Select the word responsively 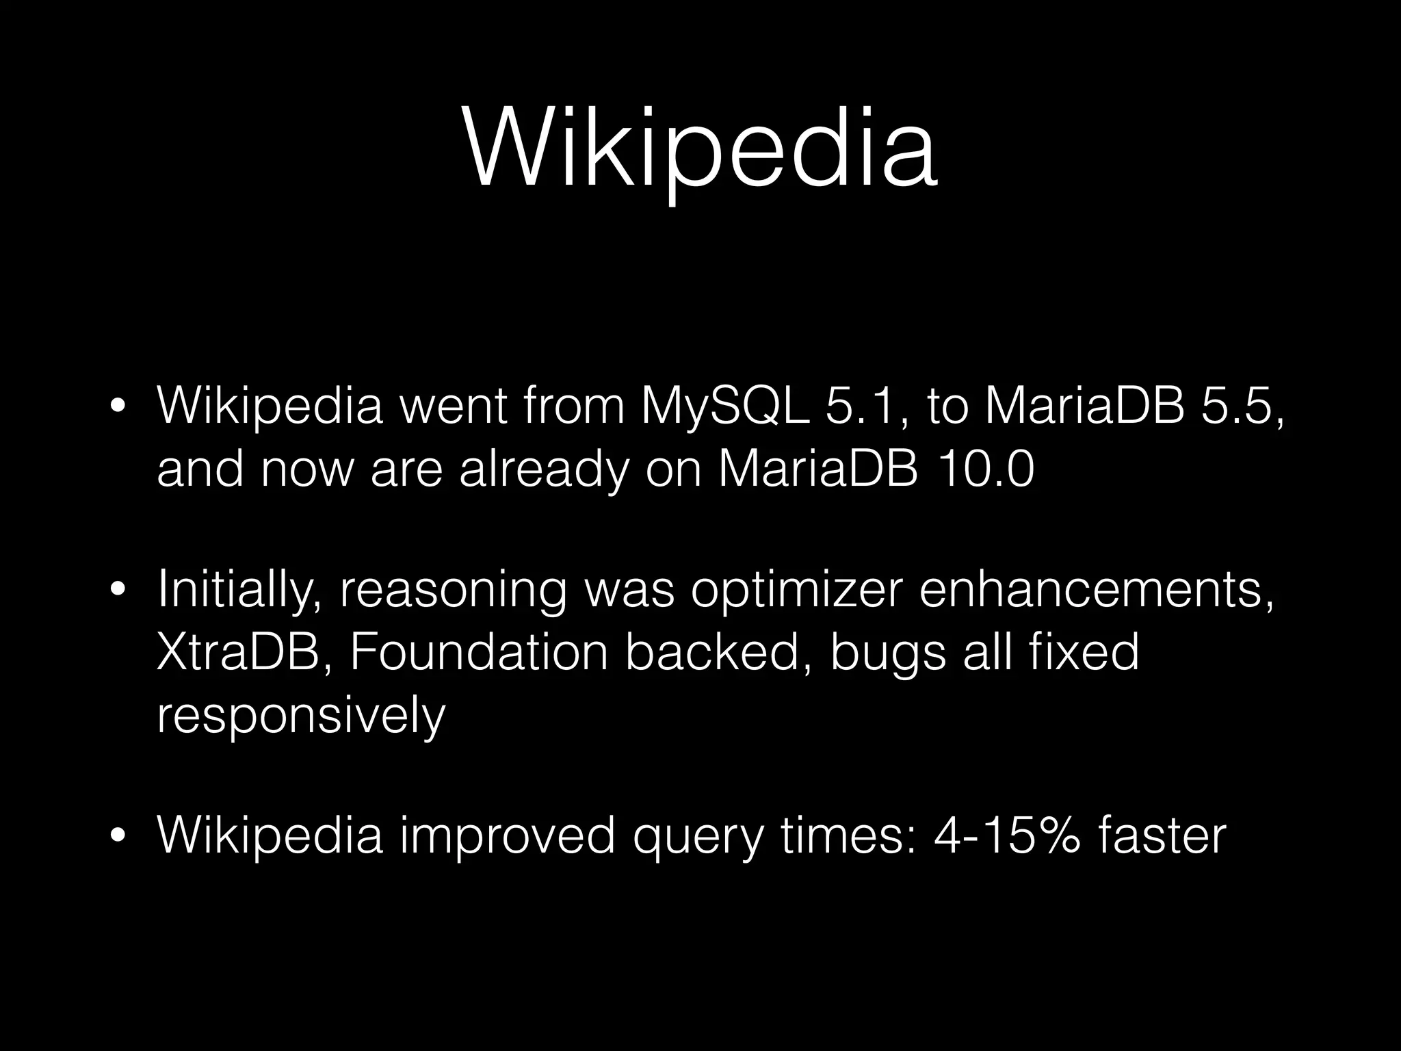[x=301, y=716]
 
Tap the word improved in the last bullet [x=507, y=836]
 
